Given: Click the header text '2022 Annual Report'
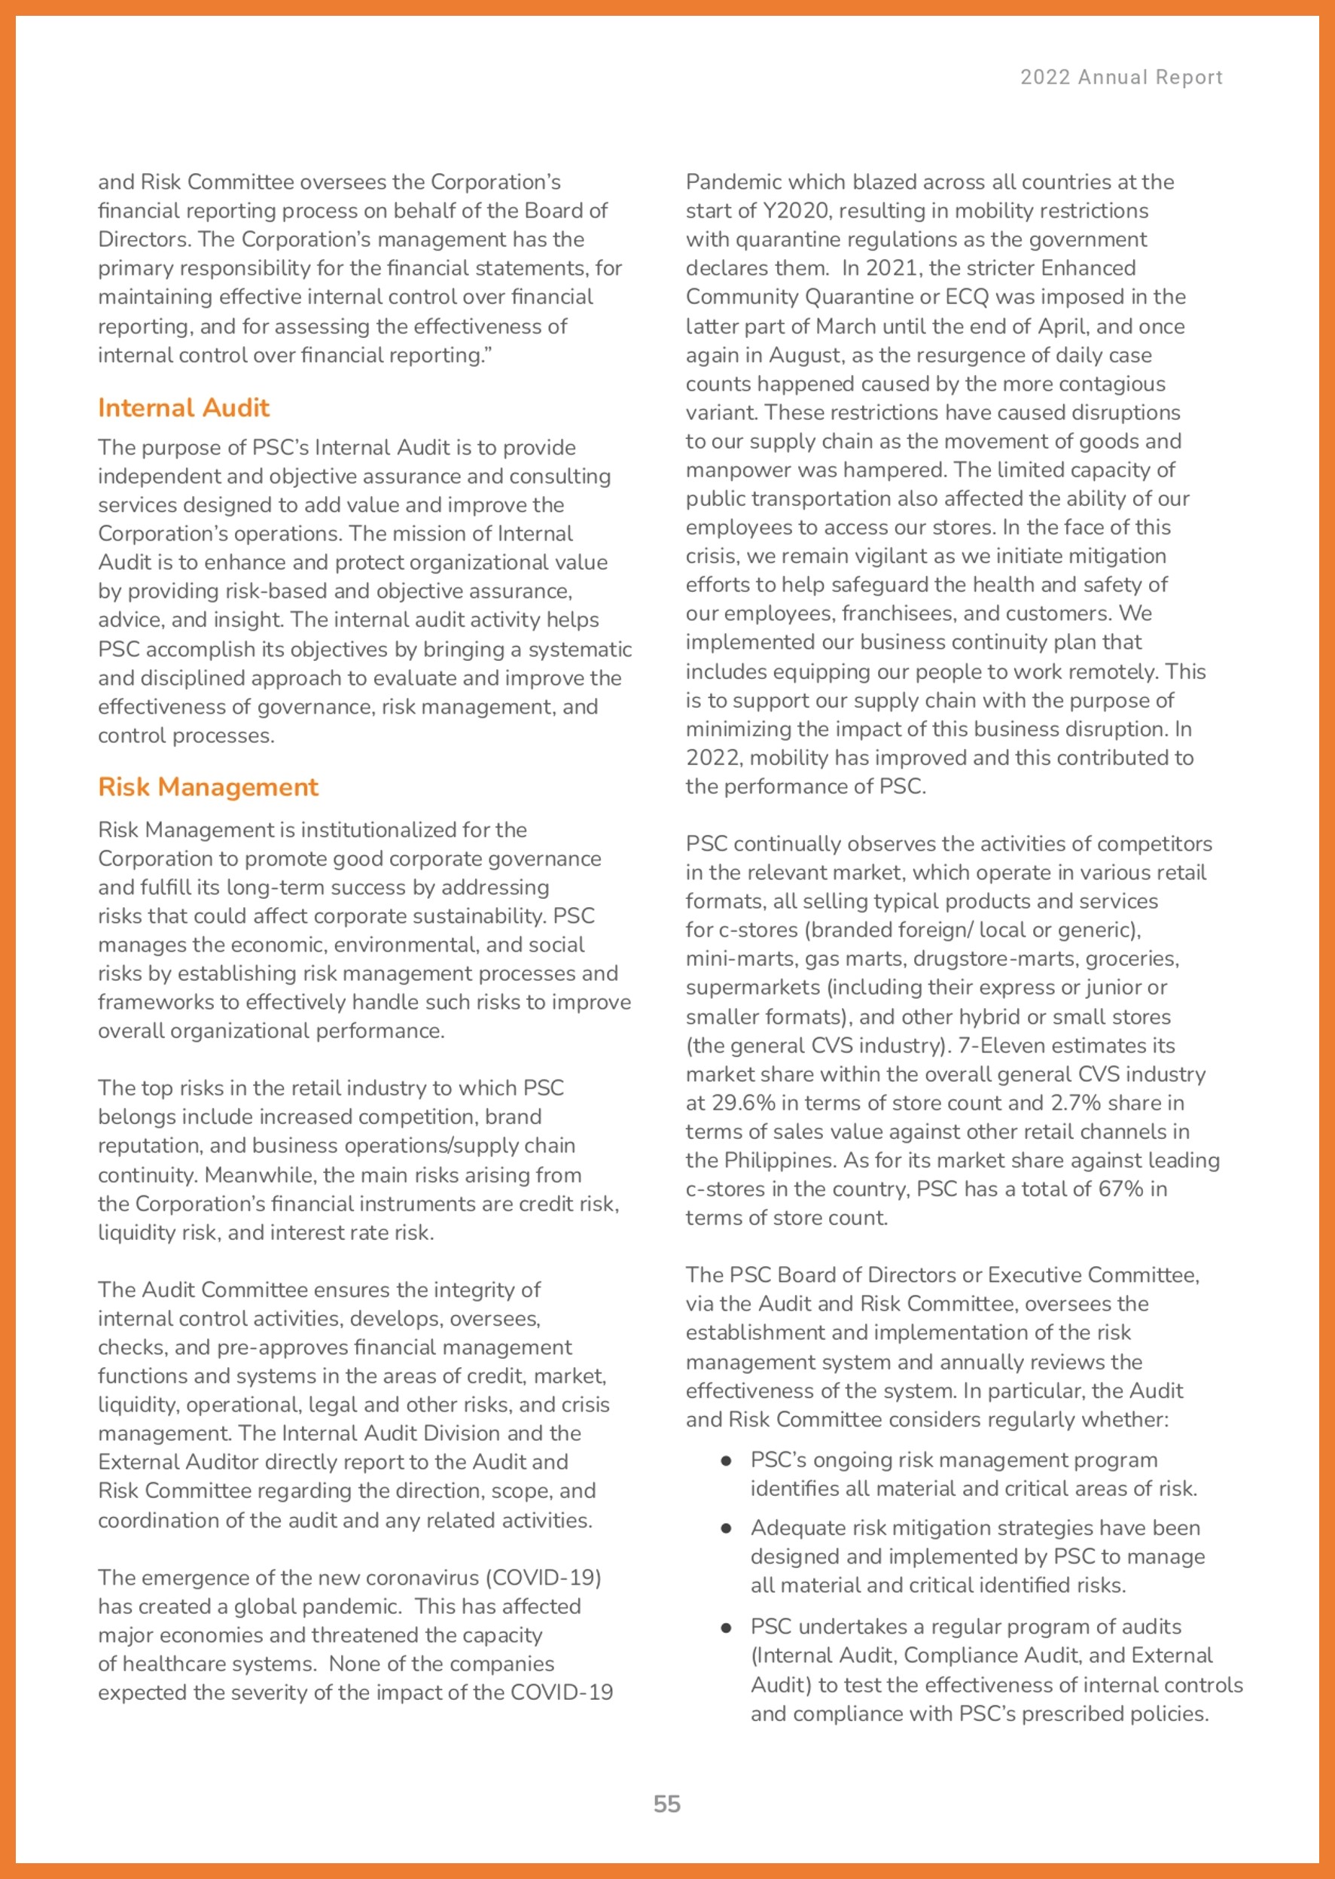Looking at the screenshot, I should [1120, 78].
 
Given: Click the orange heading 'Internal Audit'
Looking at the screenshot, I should [183, 408].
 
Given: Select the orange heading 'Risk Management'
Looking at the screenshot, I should [208, 787].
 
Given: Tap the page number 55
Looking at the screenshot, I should [666, 1804].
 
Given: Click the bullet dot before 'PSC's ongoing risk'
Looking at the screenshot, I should [726, 1460].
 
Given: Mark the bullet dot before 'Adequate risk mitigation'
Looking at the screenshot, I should [726, 1528].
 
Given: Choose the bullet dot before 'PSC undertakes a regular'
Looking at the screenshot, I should [726, 1627].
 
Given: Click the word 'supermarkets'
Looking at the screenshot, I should [753, 987].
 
